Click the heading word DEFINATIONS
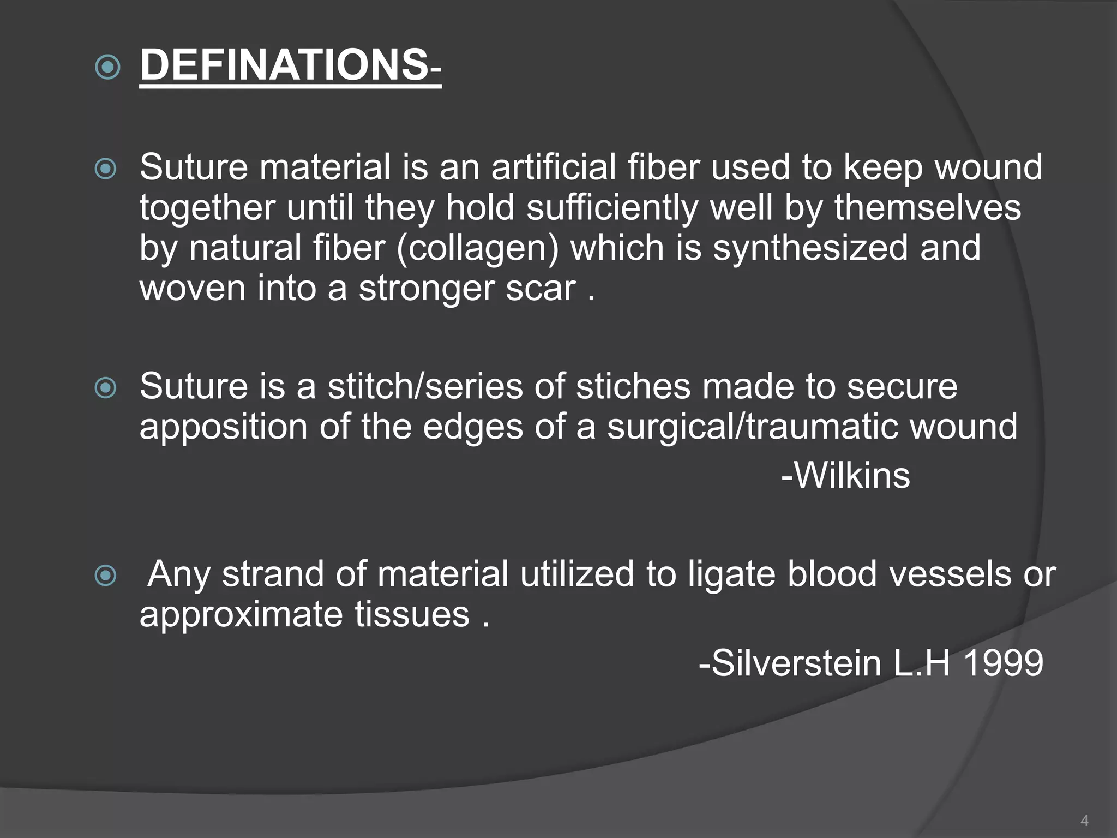(284, 65)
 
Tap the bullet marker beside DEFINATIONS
(107, 68)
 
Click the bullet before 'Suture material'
(106, 169)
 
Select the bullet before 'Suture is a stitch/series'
(106, 388)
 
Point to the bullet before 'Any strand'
(106, 576)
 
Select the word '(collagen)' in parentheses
(478, 248)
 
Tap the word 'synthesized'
(810, 248)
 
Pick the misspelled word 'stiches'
(633, 386)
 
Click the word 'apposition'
(223, 427)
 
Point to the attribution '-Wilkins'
(845, 475)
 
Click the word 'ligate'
(731, 574)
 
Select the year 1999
(1003, 663)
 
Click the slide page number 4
(1084, 821)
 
